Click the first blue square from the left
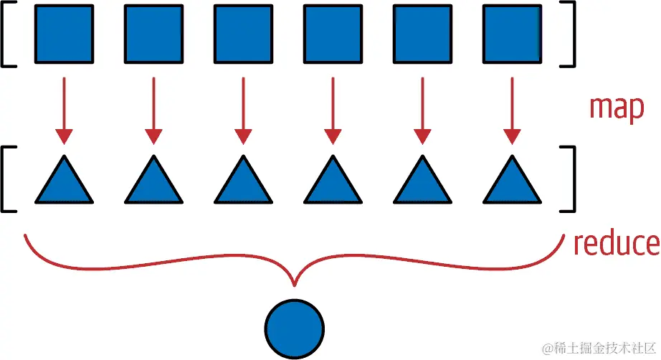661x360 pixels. point(65,33)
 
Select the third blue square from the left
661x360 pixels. point(243,33)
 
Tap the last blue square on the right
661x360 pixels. point(511,33)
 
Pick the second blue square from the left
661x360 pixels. point(153,33)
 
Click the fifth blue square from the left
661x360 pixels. point(422,33)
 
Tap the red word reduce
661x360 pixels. point(616,244)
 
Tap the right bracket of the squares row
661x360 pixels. point(570,33)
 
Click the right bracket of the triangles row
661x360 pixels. point(570,179)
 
